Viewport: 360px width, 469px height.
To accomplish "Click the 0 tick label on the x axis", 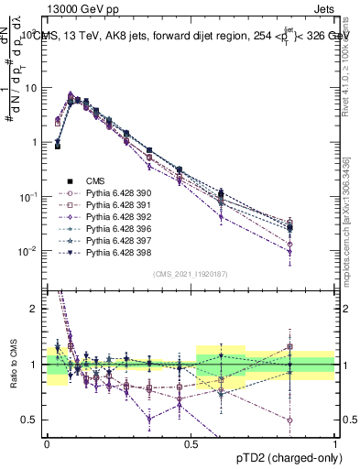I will [x=47, y=444].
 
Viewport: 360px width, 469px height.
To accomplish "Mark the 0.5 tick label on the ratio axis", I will [x=32, y=420].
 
